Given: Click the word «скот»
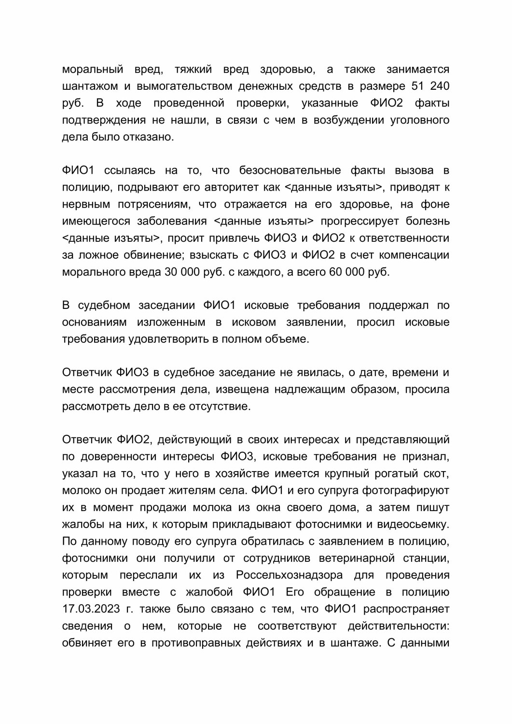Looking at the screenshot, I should (x=437, y=473).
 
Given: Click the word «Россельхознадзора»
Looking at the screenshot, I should (x=290, y=575).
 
